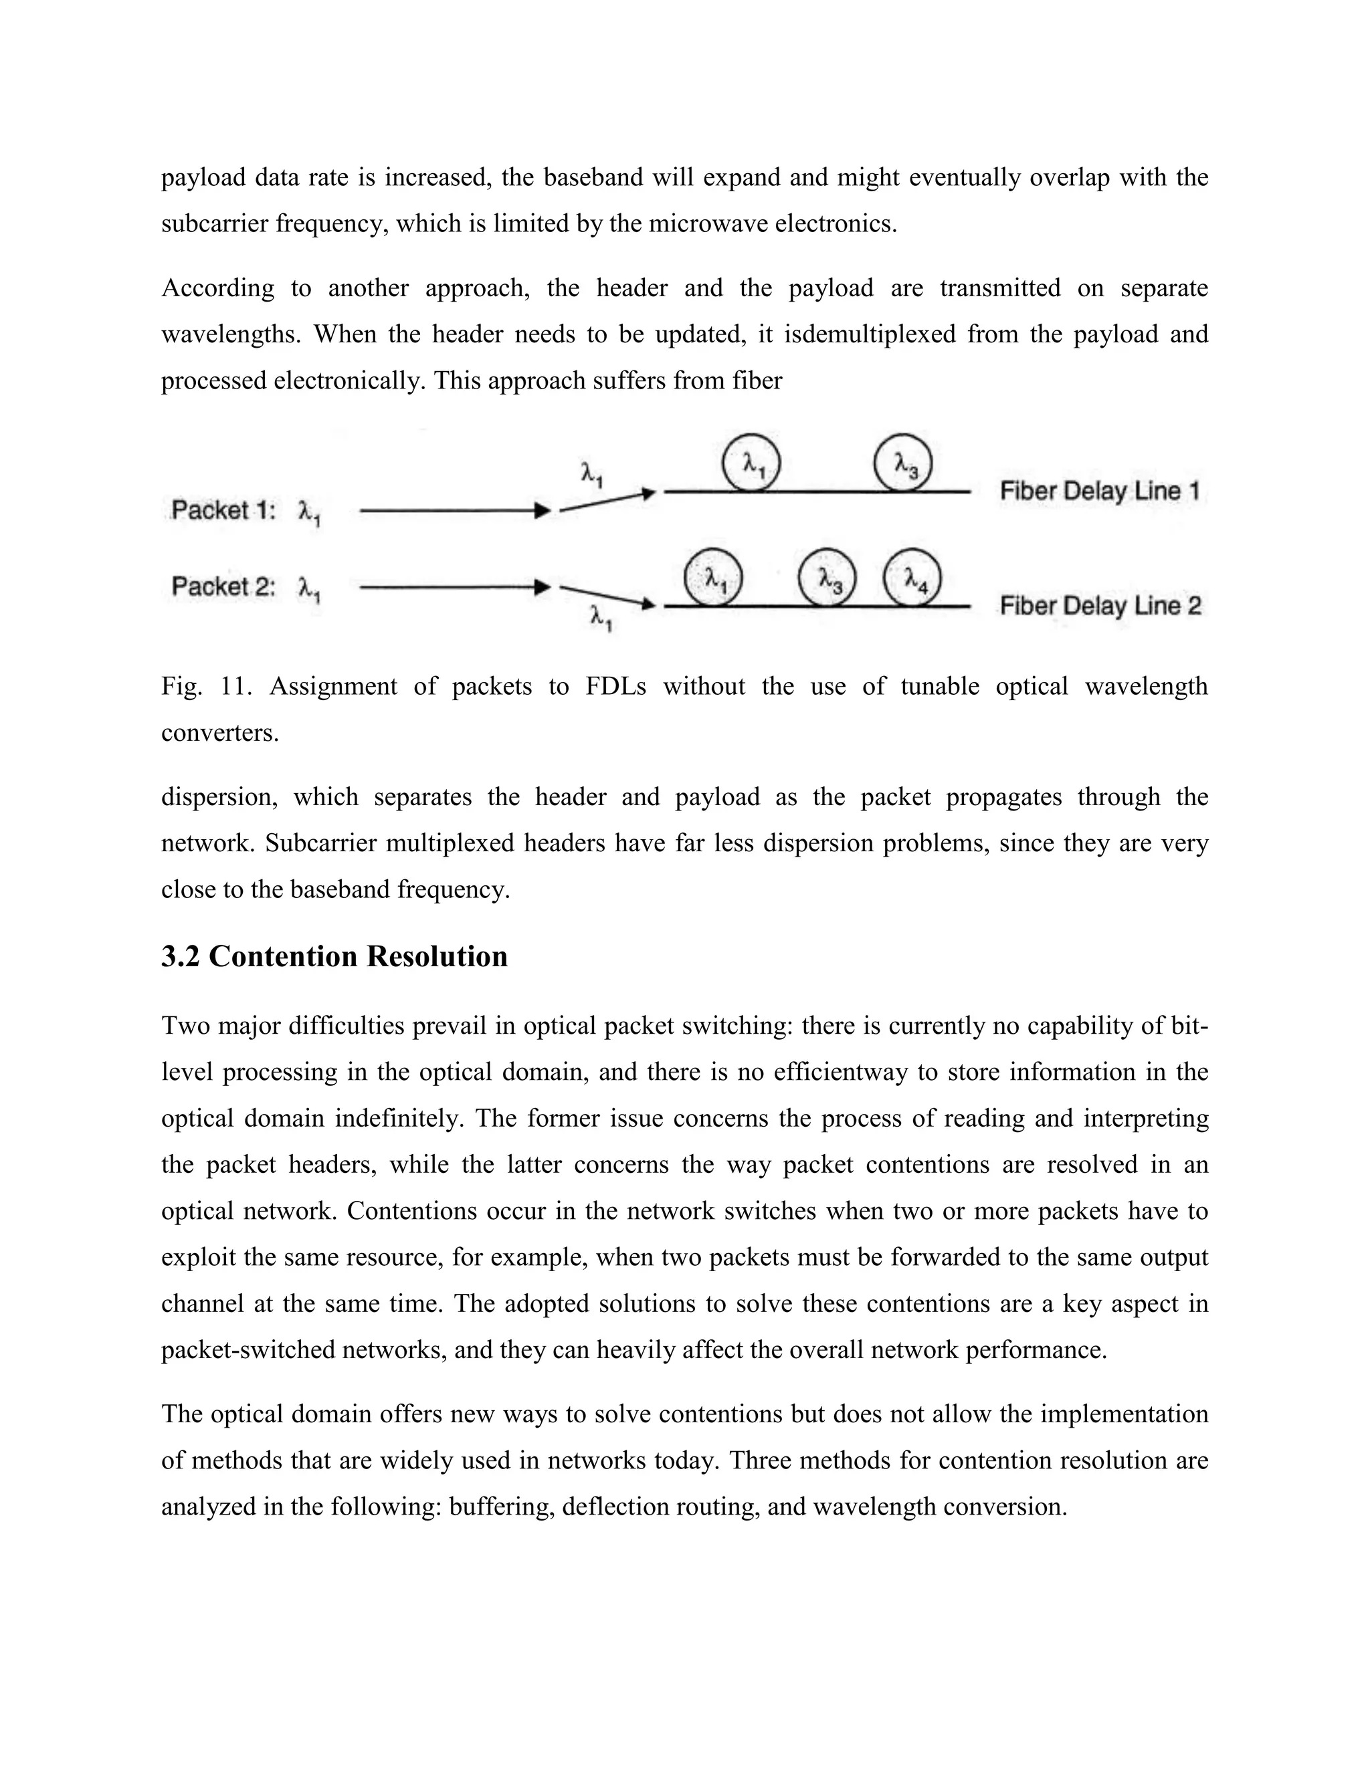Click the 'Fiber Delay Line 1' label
pyautogui.click(x=1099, y=491)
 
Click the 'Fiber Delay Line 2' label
pyautogui.click(x=1100, y=606)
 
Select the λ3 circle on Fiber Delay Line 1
pyautogui.click(x=902, y=464)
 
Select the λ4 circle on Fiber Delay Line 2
pyautogui.click(x=912, y=578)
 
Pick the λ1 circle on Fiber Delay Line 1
pyautogui.click(x=751, y=463)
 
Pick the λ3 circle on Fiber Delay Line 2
pyautogui.click(x=827, y=578)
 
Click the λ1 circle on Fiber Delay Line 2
pyautogui.click(x=713, y=578)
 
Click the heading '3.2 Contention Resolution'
pyautogui.click(x=334, y=957)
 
